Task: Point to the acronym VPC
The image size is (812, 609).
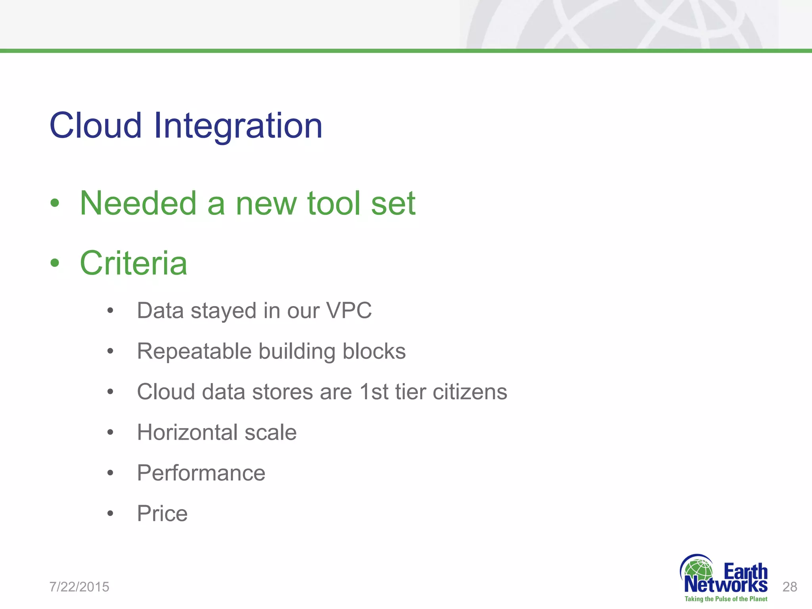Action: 349,310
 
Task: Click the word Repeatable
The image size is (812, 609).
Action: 194,352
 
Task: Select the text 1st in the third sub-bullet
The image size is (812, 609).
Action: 374,392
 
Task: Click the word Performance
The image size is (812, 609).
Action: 201,473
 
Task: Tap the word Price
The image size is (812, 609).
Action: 162,513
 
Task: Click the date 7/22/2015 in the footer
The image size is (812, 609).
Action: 79,587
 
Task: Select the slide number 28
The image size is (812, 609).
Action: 789,587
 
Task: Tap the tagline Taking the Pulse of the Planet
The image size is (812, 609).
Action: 726,599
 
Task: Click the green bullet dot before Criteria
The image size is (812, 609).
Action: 55,263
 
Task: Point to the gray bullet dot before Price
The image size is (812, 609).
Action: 110,514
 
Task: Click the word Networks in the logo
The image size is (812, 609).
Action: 726,585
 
